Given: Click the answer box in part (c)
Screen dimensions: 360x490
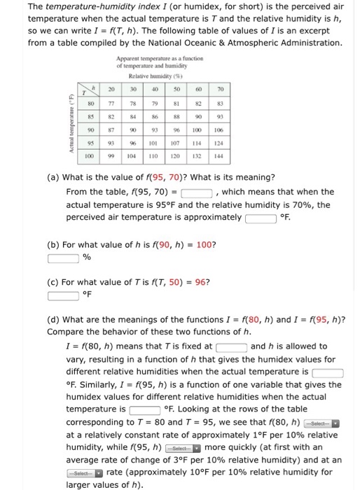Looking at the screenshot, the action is pos(63,294).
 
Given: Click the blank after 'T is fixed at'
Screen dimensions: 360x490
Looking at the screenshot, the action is pos(231,346).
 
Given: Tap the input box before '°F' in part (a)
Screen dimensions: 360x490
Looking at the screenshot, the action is pos(260,218).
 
